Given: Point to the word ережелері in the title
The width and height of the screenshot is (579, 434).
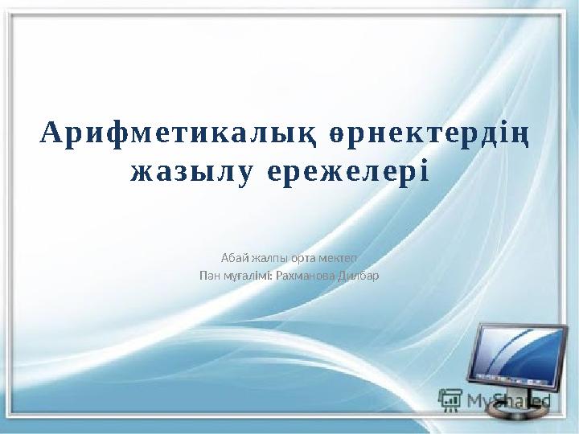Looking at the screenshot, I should tap(347, 172).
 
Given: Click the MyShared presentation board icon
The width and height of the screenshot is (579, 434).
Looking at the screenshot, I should tap(451, 399).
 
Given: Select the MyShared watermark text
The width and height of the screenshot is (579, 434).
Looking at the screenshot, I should tap(507, 399).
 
